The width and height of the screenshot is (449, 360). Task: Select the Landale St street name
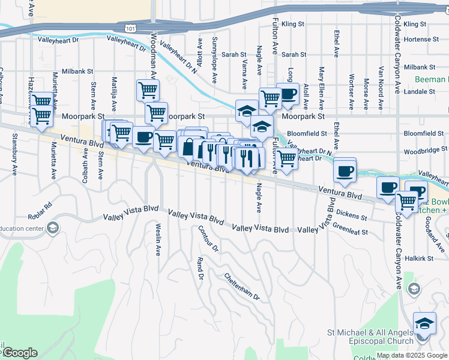tap(419, 92)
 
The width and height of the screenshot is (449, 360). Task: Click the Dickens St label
tap(351, 214)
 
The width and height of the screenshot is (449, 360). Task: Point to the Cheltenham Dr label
tap(242, 287)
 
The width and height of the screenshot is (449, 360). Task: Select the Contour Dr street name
tap(208, 238)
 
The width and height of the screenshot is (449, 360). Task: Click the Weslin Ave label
tap(158, 240)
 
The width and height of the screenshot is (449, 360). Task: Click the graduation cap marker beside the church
tap(425, 324)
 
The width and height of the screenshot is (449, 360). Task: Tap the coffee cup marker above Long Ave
tap(288, 94)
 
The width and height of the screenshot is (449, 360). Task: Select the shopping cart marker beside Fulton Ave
tap(287, 159)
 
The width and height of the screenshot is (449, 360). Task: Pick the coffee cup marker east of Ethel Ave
tap(345, 170)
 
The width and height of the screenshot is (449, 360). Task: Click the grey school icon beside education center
tap(53, 227)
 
